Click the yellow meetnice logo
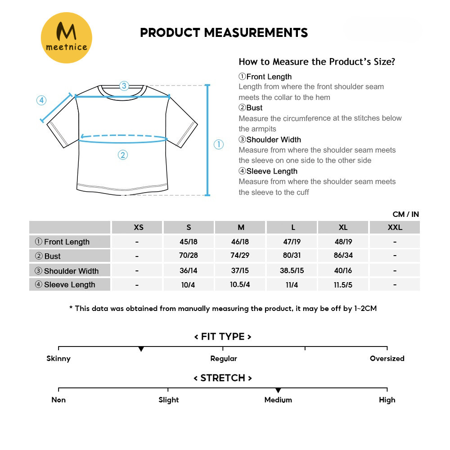[x=67, y=38]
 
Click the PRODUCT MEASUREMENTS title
[x=224, y=33]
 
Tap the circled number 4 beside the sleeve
[x=41, y=100]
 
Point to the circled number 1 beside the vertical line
[x=218, y=144]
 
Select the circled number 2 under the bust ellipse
[x=123, y=155]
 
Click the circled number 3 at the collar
[x=124, y=85]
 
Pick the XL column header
[x=343, y=227]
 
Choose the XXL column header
[x=395, y=227]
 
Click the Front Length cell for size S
[x=189, y=242]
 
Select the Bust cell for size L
[x=292, y=256]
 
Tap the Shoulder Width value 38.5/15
[x=292, y=270]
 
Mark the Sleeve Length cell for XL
[x=343, y=285]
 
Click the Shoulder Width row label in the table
[x=71, y=271]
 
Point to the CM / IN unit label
[x=405, y=214]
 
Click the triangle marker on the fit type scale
[x=141, y=349]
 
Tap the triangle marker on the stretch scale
[x=278, y=390]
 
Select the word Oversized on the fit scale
[x=387, y=359]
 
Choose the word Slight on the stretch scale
[x=169, y=400]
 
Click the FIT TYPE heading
[x=223, y=337]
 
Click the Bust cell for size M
[x=240, y=256]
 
